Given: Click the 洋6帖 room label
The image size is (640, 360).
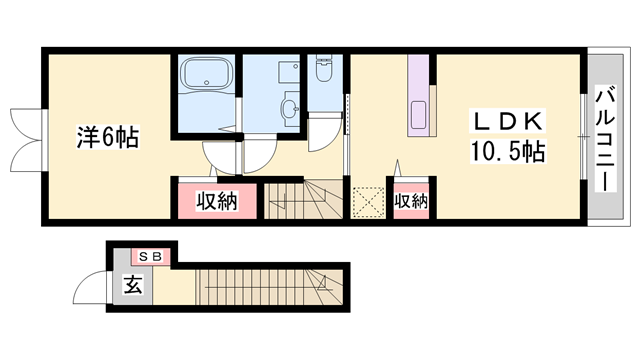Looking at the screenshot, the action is click(x=108, y=137).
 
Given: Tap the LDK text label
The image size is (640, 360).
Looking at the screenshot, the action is click(x=508, y=121).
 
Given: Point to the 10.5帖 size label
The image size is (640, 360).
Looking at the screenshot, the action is click(x=508, y=151).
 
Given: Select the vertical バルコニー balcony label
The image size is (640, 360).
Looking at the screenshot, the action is click(x=606, y=138).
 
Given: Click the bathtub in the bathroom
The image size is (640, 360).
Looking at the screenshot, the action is click(x=207, y=73).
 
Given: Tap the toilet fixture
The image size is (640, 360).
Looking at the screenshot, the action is click(x=324, y=68).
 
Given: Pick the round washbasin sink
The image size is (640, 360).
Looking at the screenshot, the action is click(x=290, y=108).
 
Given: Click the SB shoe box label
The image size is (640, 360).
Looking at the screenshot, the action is click(x=151, y=257).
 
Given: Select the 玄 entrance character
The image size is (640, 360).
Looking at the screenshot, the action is click(x=133, y=284).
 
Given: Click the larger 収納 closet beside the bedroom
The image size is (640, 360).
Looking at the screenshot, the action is click(x=217, y=201).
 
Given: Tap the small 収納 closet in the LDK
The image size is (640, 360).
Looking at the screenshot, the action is click(x=411, y=201).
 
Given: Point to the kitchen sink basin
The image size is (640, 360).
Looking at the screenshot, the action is click(x=418, y=115).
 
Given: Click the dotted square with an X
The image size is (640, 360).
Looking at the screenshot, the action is click(x=369, y=202).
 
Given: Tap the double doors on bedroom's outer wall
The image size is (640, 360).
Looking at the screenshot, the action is click(x=25, y=140).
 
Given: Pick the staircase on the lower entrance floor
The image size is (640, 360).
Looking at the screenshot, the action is click(x=269, y=287).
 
